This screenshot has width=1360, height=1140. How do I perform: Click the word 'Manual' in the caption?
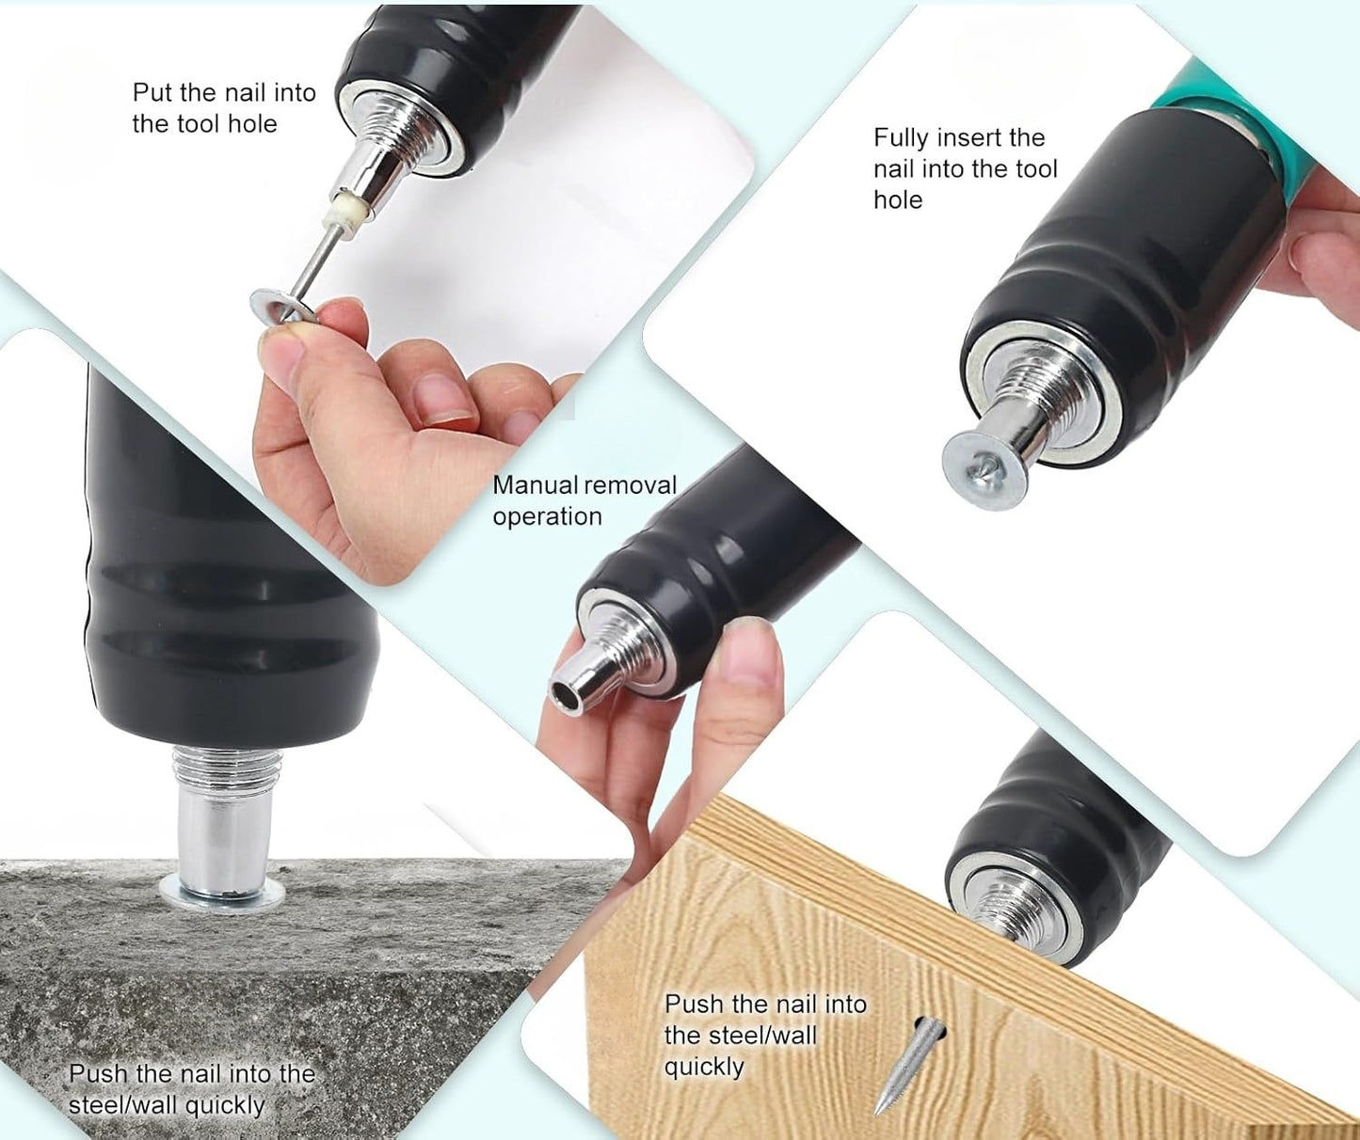(535, 485)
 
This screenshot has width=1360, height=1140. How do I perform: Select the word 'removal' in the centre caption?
(630, 485)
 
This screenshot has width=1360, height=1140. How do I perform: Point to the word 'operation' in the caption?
(547, 516)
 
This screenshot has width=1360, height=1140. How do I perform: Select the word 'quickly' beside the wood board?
(703, 1067)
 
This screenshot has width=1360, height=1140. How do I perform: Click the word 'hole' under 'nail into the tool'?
(898, 199)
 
